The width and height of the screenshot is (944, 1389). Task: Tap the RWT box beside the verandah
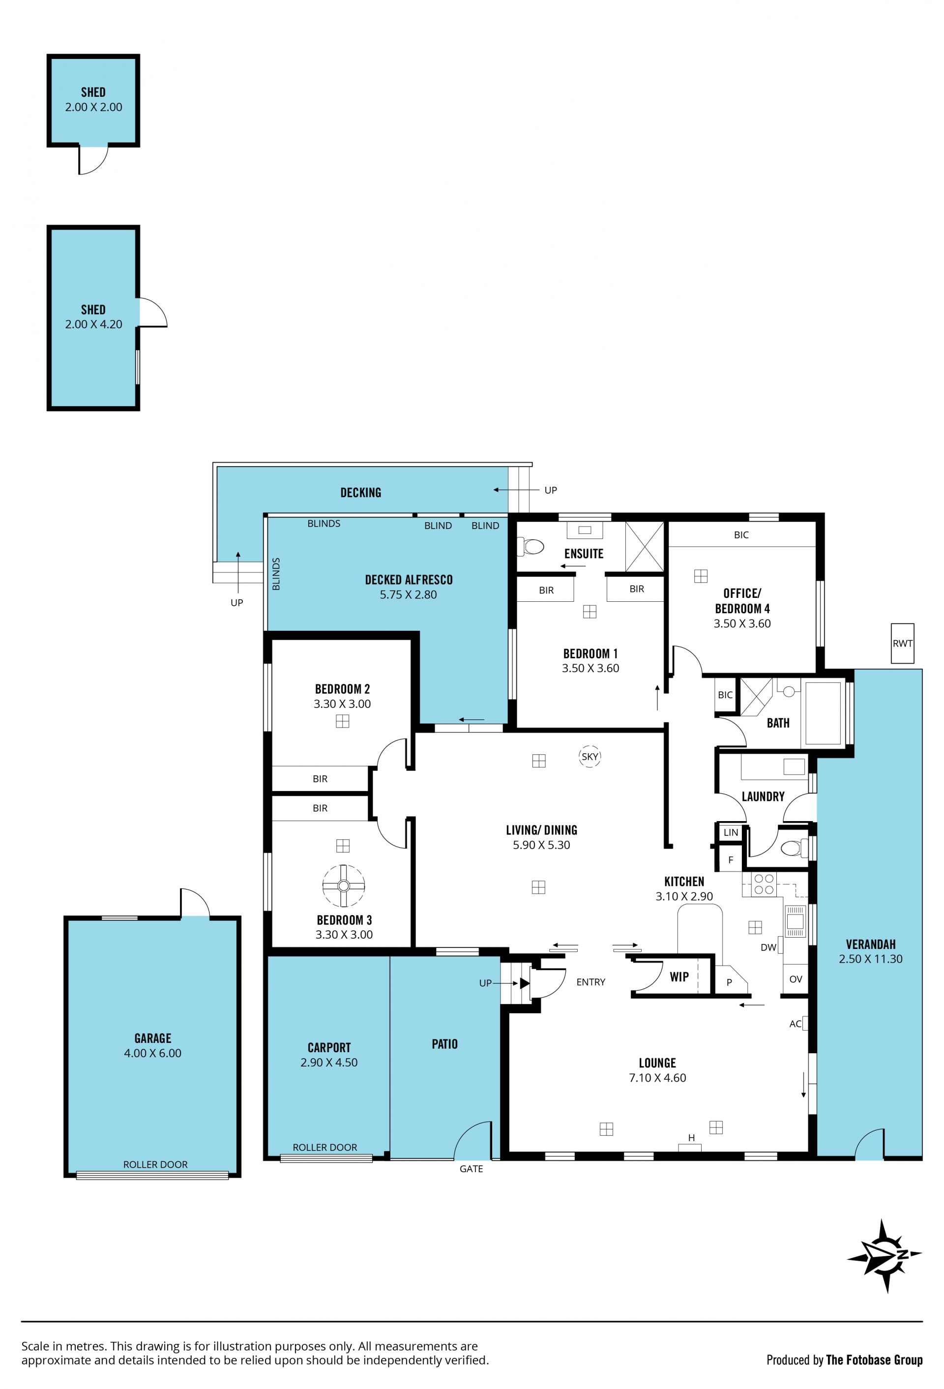[x=902, y=643]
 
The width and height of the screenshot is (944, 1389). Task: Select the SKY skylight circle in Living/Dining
[x=590, y=756]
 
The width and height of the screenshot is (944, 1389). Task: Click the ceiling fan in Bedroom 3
[x=343, y=885]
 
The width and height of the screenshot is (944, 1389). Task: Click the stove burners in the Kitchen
[x=764, y=884]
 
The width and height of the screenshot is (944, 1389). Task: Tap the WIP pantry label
[x=678, y=976]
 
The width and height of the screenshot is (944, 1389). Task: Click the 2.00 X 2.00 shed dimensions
[x=93, y=107]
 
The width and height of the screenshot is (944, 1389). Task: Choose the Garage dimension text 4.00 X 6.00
[x=152, y=1053]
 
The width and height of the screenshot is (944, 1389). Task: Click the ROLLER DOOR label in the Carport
[x=324, y=1147]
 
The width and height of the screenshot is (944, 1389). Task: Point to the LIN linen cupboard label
[x=731, y=832]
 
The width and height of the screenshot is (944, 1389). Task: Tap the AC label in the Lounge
[x=795, y=1024]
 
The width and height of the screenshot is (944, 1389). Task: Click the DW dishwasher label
[x=768, y=947]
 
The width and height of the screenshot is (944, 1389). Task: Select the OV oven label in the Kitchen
[x=795, y=979]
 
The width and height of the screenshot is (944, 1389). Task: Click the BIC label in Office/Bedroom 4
[x=741, y=535]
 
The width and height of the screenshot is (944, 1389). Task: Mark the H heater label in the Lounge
[x=691, y=1138]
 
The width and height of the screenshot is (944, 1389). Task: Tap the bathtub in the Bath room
[x=823, y=712]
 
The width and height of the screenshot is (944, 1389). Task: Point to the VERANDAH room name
[x=870, y=945]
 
